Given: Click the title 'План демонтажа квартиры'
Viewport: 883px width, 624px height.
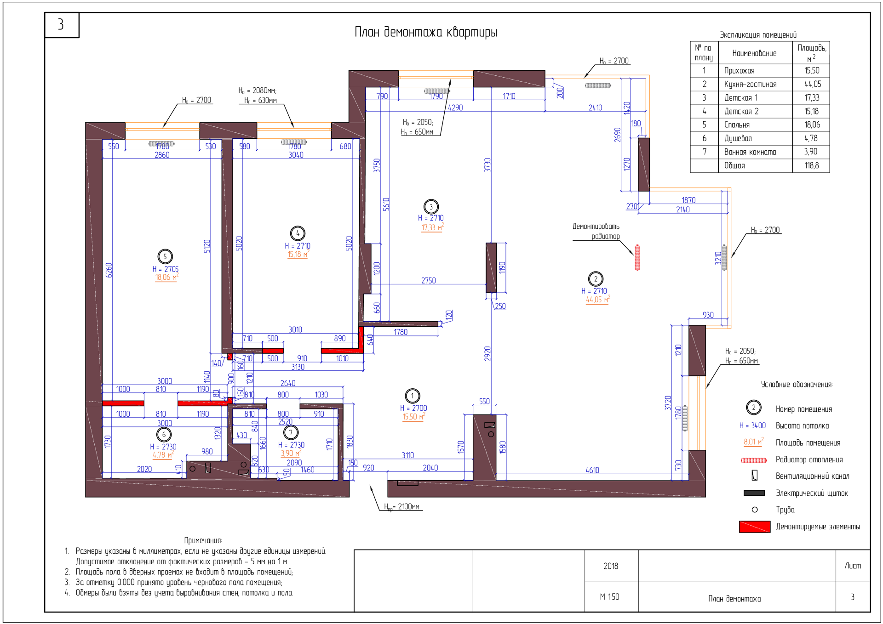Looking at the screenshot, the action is coord(426,32).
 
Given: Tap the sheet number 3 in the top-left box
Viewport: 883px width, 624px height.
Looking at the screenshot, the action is coord(61,24).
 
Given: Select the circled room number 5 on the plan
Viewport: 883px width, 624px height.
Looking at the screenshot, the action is coord(165,256).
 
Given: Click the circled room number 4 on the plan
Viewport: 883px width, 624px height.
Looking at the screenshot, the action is coord(298,233).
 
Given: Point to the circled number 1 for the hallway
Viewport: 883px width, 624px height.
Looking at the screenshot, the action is coord(413,396).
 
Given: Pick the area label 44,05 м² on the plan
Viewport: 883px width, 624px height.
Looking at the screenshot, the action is coord(597,299).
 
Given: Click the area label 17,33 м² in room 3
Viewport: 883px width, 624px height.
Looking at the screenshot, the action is coord(432,227).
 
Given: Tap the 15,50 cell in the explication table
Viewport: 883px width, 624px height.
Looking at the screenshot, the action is coord(812,71).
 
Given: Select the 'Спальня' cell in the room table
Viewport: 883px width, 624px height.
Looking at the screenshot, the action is coord(737,125).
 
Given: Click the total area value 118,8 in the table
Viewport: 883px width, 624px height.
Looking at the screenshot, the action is coord(812,165).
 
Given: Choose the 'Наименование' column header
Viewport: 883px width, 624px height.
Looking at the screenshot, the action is coord(754,53).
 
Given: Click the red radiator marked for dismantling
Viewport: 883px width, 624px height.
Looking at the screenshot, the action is coord(637,258).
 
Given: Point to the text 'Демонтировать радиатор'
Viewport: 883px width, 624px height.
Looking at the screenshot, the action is coord(596,231).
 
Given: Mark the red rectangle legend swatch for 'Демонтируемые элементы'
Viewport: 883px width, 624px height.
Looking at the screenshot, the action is coord(755,527).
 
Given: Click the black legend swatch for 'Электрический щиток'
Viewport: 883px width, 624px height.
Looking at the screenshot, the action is coord(754,493).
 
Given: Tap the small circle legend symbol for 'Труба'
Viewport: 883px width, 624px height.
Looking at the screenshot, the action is coord(755,510).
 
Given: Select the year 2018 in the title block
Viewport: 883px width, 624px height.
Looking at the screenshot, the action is coord(611,566).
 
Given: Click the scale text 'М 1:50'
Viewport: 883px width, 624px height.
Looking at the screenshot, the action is coord(609,597).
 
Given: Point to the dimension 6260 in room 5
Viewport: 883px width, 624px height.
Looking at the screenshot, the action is coord(109,270).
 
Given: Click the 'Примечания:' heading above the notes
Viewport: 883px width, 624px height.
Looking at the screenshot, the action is coord(203,540).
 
